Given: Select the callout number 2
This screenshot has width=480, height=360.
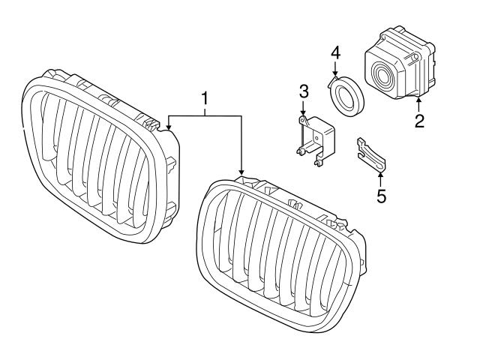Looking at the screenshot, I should (x=419, y=121).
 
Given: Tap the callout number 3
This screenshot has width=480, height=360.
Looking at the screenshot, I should (x=303, y=91).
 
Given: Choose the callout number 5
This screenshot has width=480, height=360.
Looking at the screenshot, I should (x=381, y=196).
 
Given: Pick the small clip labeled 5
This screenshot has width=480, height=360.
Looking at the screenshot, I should (x=372, y=154).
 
